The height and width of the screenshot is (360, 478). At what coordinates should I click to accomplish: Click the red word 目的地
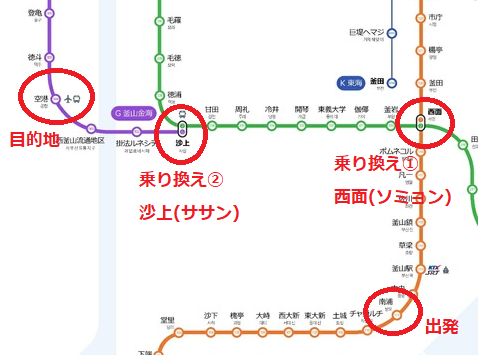click(x=33, y=137)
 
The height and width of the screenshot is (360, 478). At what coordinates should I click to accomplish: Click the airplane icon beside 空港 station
click(x=67, y=99)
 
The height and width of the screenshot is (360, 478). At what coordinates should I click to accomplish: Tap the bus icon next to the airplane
click(x=79, y=99)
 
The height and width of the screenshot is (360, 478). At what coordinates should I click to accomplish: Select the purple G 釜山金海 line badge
click(x=138, y=112)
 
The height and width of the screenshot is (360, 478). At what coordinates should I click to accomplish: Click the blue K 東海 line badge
click(x=352, y=82)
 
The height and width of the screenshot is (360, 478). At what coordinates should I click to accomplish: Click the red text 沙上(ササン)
click(x=191, y=211)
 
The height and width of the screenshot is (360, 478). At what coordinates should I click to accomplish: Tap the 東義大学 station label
click(x=332, y=110)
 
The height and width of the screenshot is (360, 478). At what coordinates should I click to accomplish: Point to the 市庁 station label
click(x=435, y=18)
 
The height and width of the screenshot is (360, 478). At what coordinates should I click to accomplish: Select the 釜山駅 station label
click(x=404, y=268)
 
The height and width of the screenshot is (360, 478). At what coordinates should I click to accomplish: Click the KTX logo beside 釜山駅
click(x=436, y=269)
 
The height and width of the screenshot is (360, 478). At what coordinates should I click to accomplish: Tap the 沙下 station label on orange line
click(x=210, y=315)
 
